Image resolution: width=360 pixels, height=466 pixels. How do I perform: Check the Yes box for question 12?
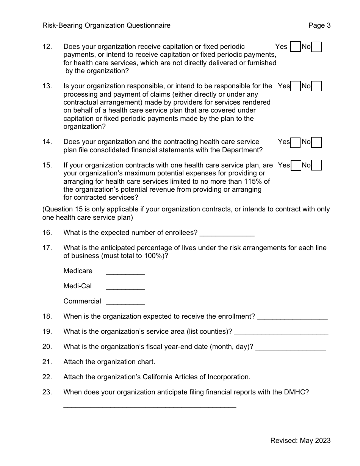tap(295, 47)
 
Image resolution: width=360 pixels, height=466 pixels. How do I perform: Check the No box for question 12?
tap(316, 47)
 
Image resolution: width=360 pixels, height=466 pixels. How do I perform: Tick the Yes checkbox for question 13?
tap(295, 86)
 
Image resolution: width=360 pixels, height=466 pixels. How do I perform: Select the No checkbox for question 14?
tap(316, 142)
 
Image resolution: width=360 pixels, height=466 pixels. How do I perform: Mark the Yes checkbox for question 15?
tap(295, 166)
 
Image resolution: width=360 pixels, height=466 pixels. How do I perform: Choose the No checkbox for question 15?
tap(316, 166)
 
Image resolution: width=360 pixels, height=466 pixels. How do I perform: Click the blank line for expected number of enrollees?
tap(227, 233)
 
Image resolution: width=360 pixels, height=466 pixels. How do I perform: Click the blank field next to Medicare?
tap(125, 272)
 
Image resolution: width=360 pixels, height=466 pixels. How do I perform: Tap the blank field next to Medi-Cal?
tap(125, 287)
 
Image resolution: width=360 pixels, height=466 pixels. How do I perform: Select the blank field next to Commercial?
tap(125, 302)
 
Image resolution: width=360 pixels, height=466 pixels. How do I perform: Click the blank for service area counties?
tap(281, 332)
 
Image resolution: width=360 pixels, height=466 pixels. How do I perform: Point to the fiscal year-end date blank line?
tap(290, 347)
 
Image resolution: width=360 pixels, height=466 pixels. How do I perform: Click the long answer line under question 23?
tap(150, 406)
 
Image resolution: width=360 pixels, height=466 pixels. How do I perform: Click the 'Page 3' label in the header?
tap(319, 25)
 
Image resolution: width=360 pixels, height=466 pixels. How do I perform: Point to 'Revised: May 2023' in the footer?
tap(300, 440)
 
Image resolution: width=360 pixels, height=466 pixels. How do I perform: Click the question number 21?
tap(47, 362)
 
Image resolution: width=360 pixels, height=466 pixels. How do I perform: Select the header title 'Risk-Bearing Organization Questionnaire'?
tap(106, 25)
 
